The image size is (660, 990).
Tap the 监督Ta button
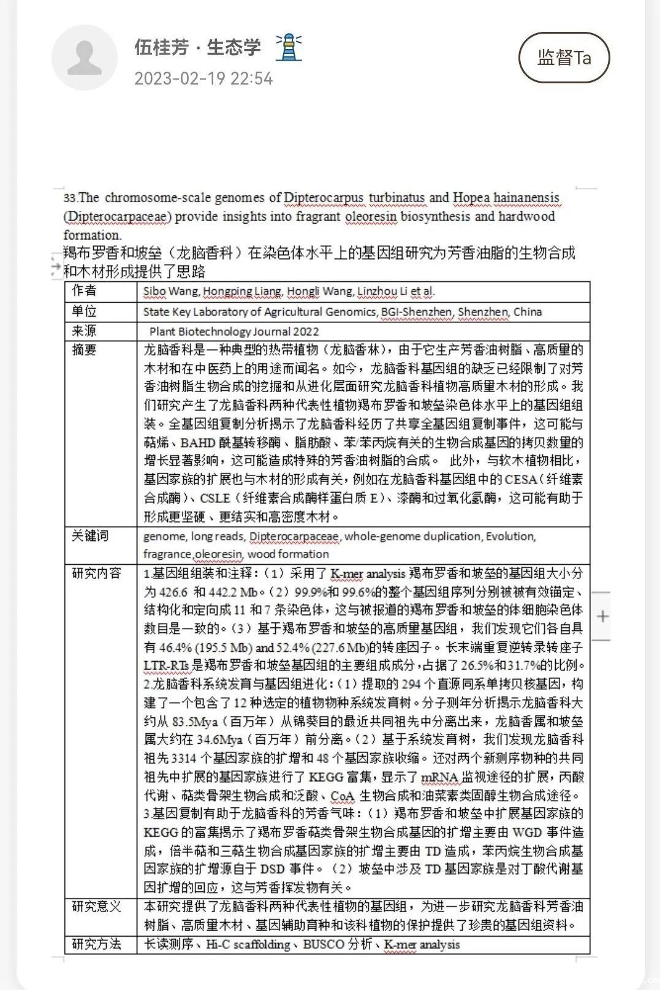564,58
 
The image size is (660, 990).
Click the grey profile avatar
84,58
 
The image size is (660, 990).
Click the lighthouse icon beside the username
288,47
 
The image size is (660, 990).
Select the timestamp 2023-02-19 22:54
203,78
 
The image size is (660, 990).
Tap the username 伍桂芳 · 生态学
197,47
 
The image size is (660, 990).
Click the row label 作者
84,291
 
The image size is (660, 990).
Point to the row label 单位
84,311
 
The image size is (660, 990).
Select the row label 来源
84,331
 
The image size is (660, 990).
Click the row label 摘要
84,350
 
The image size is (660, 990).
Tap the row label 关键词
90,536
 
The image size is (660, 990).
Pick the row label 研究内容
96,573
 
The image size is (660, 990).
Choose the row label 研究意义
96,907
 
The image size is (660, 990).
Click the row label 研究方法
96,944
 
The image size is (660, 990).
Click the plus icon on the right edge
602,616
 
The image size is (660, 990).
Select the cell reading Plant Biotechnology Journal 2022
234,331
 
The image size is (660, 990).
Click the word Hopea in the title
471,198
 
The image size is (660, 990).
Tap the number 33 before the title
69,198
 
